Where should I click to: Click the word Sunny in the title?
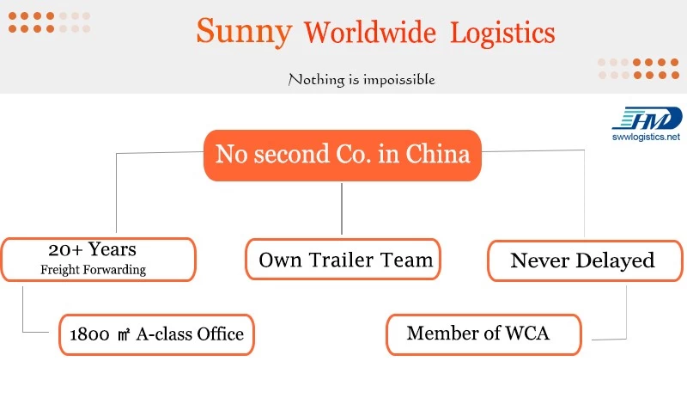244,32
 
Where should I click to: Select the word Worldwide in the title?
370,33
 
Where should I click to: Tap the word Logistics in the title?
502,34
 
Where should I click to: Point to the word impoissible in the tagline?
398,80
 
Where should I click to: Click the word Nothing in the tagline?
316,80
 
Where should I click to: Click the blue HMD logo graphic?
647,118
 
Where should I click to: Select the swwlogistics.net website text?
647,137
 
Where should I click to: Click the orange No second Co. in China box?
343,156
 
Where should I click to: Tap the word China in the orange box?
437,154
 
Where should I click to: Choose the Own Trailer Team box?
343,260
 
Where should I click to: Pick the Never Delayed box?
585,260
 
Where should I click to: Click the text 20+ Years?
93,249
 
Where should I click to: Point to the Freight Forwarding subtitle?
94,269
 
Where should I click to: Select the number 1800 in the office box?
90,334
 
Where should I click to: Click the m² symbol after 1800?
124,334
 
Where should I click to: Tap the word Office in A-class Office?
221,334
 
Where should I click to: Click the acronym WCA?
527,333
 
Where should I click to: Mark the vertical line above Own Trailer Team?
342,209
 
